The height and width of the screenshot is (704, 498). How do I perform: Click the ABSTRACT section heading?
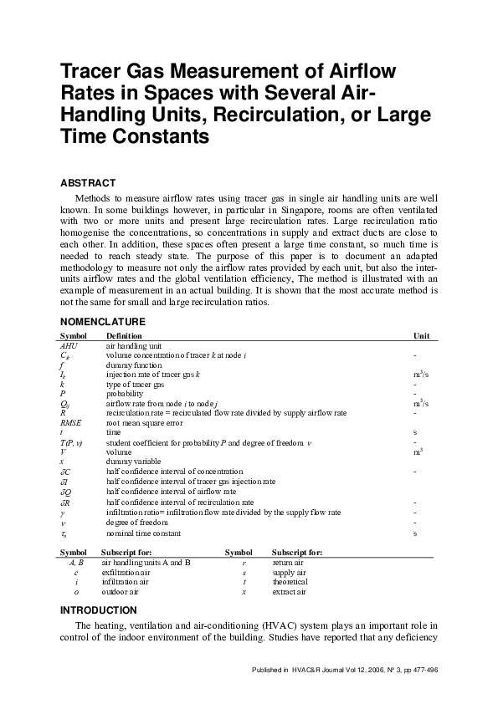click(88, 183)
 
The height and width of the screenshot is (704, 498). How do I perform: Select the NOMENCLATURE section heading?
click(103, 322)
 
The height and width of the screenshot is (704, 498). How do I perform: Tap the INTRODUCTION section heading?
click(99, 610)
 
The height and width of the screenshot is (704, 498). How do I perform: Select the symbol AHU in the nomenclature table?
click(69, 344)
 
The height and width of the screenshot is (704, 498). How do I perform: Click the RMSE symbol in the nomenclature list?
click(71, 423)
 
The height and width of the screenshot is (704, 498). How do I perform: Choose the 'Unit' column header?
click(421, 335)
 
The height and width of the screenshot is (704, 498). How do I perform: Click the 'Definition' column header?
click(124, 335)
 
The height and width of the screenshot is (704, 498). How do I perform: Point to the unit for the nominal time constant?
click(415, 533)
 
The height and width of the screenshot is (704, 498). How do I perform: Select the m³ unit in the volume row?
click(417, 451)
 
